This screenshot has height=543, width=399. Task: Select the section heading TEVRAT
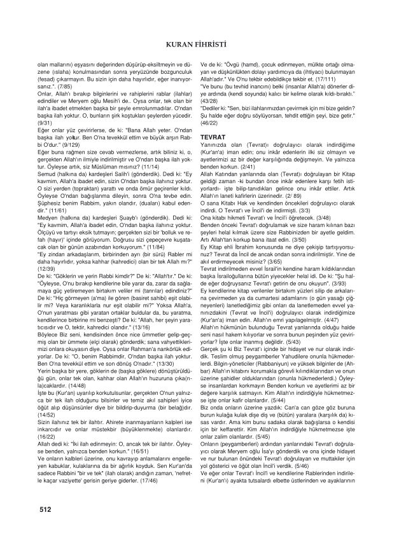[x=213, y=137]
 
